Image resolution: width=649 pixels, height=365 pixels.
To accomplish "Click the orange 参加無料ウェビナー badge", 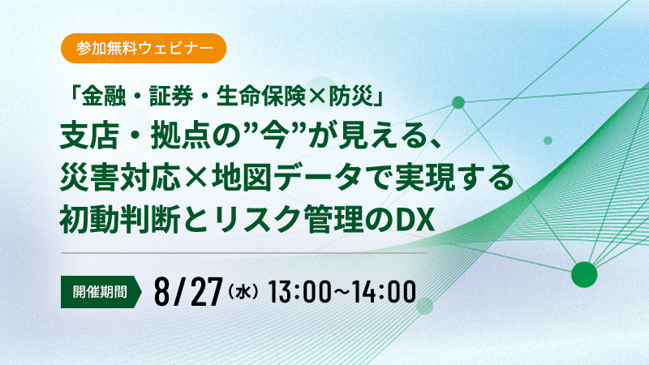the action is [x=144, y=49].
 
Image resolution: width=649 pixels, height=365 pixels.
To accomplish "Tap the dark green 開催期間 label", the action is [x=101, y=292].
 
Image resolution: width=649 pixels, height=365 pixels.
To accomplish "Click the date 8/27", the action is [x=189, y=292].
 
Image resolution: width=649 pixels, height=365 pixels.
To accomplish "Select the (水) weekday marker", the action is [x=243, y=292].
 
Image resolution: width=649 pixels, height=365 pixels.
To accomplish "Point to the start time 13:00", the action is [x=299, y=292].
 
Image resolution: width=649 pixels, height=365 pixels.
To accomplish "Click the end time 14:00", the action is [x=385, y=292].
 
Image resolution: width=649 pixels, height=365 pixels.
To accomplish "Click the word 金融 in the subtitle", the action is [x=103, y=97].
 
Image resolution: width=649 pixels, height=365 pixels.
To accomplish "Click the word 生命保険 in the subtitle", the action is [x=260, y=97].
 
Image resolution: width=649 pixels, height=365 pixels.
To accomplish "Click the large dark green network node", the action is [x=584, y=274].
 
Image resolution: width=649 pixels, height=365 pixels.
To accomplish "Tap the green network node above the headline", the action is [x=458, y=102].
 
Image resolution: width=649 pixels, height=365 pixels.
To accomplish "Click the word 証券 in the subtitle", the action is [x=171, y=97].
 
